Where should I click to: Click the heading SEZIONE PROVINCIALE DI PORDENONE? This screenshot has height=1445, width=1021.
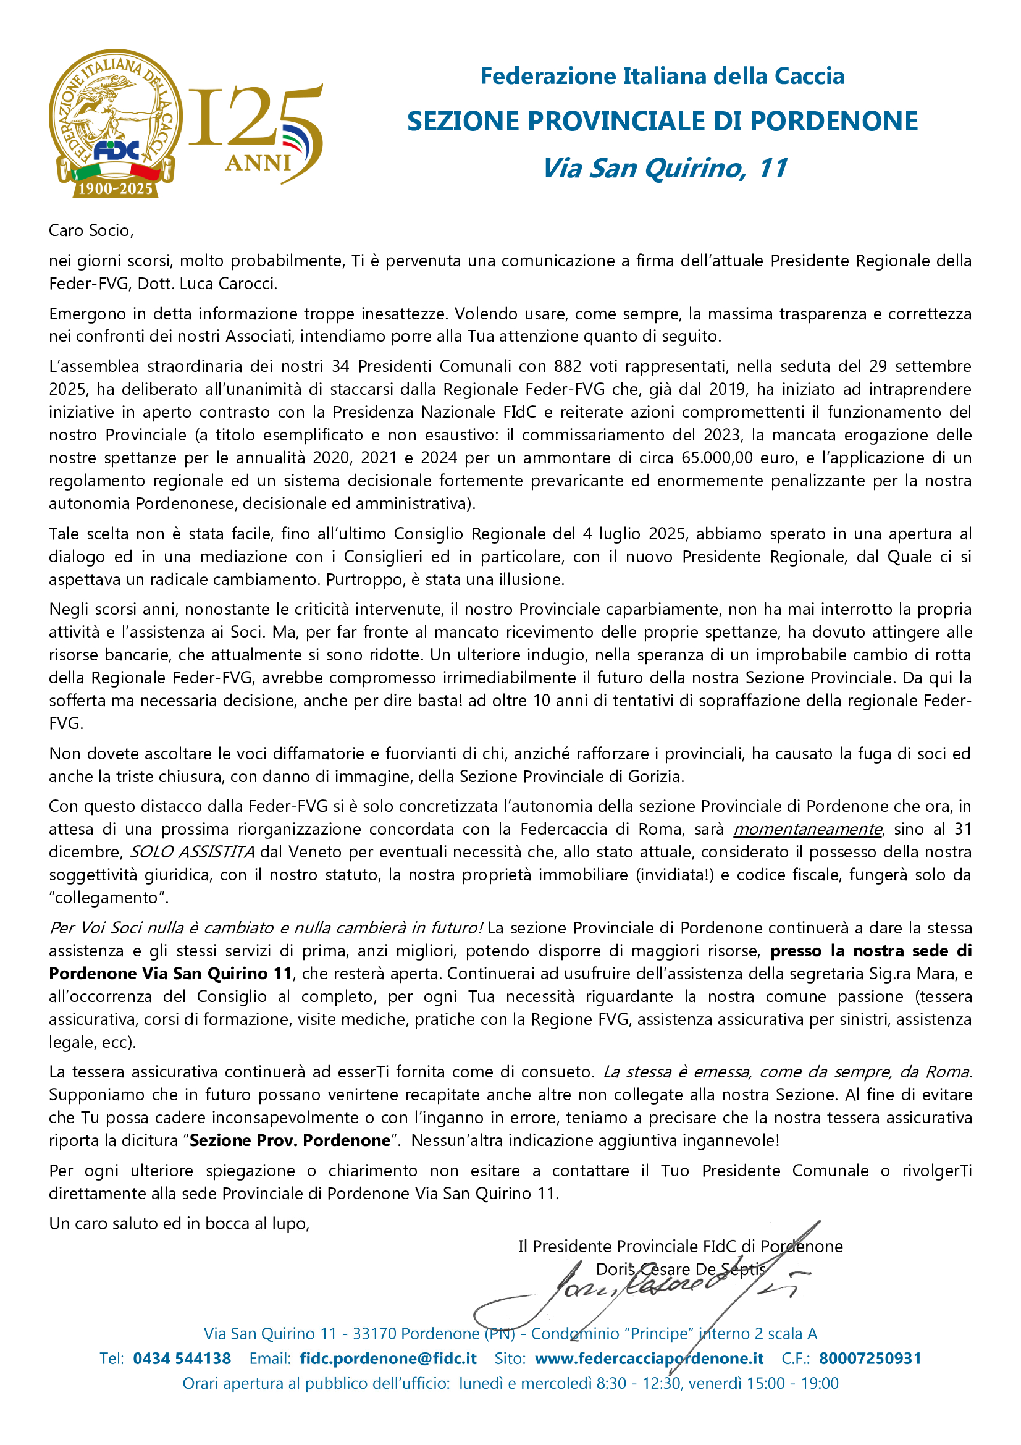(662, 122)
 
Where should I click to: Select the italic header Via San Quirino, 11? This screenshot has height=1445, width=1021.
(665, 169)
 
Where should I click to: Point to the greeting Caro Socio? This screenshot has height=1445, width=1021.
(91, 230)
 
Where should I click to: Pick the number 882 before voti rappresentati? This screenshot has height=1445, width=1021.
(568, 366)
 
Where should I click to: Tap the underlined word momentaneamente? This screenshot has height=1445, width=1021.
(807, 829)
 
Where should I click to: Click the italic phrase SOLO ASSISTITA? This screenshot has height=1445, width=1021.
(192, 851)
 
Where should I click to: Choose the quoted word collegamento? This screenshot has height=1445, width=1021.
(109, 898)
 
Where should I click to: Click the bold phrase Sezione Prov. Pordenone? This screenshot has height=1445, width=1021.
(290, 1140)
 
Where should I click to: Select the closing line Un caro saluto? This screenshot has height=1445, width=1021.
(179, 1223)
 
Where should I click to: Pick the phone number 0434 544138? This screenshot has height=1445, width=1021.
(182, 1358)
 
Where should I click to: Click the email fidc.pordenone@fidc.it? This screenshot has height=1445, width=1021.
(388, 1358)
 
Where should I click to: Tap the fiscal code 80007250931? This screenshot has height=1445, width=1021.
(870, 1358)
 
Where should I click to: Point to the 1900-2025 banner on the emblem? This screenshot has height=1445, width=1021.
(115, 189)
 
